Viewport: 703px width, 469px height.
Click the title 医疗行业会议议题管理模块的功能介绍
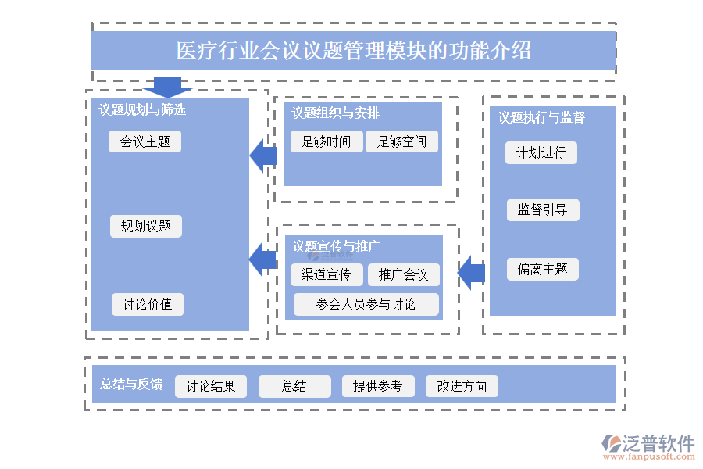[x=353, y=51]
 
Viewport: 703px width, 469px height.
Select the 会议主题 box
[x=145, y=141]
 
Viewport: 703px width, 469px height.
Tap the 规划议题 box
[x=145, y=227]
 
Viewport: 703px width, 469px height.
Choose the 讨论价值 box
[x=147, y=304]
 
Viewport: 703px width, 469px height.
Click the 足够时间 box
[x=326, y=141]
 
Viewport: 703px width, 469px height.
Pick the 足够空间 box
[x=401, y=141]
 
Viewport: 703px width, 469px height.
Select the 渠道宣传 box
[x=327, y=274]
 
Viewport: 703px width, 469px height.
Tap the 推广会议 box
[x=403, y=274]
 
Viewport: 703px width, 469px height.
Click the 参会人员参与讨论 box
[x=366, y=304]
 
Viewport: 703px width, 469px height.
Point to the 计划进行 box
[x=541, y=152]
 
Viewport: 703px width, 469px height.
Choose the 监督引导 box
[x=543, y=209]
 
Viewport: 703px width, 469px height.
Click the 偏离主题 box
[x=542, y=270]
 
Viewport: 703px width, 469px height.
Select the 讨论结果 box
[x=210, y=386]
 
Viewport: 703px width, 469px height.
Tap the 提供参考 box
[x=377, y=386]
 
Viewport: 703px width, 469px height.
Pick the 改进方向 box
[x=462, y=386]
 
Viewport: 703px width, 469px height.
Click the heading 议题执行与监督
[x=541, y=117]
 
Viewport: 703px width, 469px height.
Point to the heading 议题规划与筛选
[x=142, y=109]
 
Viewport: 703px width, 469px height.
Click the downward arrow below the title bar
[x=167, y=87]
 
